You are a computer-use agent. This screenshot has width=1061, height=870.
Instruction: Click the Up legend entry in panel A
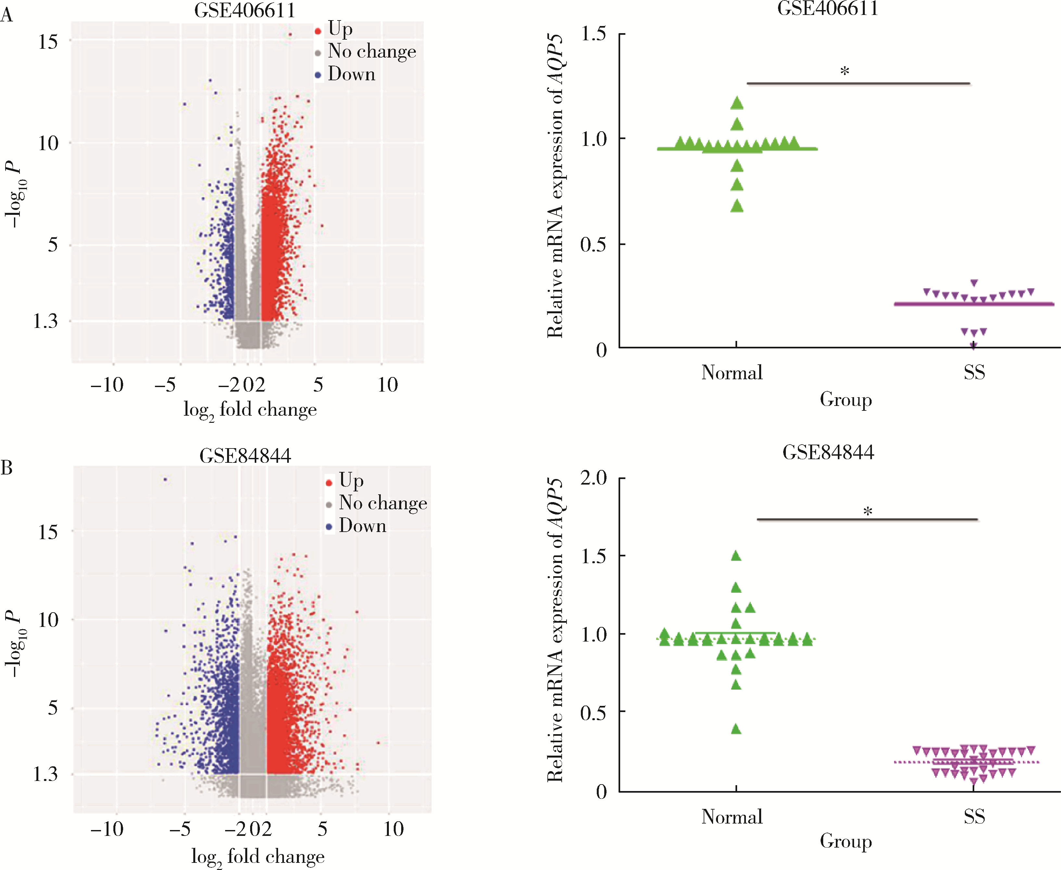pos(339,30)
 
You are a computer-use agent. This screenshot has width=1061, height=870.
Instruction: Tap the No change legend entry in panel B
pos(382,503)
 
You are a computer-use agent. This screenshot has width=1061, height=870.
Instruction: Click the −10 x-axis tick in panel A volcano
pos(107,385)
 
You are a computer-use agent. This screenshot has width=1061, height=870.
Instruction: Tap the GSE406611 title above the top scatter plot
pos(827,8)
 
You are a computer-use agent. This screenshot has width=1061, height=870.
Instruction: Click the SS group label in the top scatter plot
pos(974,372)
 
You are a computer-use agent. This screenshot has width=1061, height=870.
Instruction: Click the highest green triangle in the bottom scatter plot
pos(736,556)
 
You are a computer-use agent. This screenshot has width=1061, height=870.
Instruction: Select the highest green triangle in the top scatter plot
pos(737,103)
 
